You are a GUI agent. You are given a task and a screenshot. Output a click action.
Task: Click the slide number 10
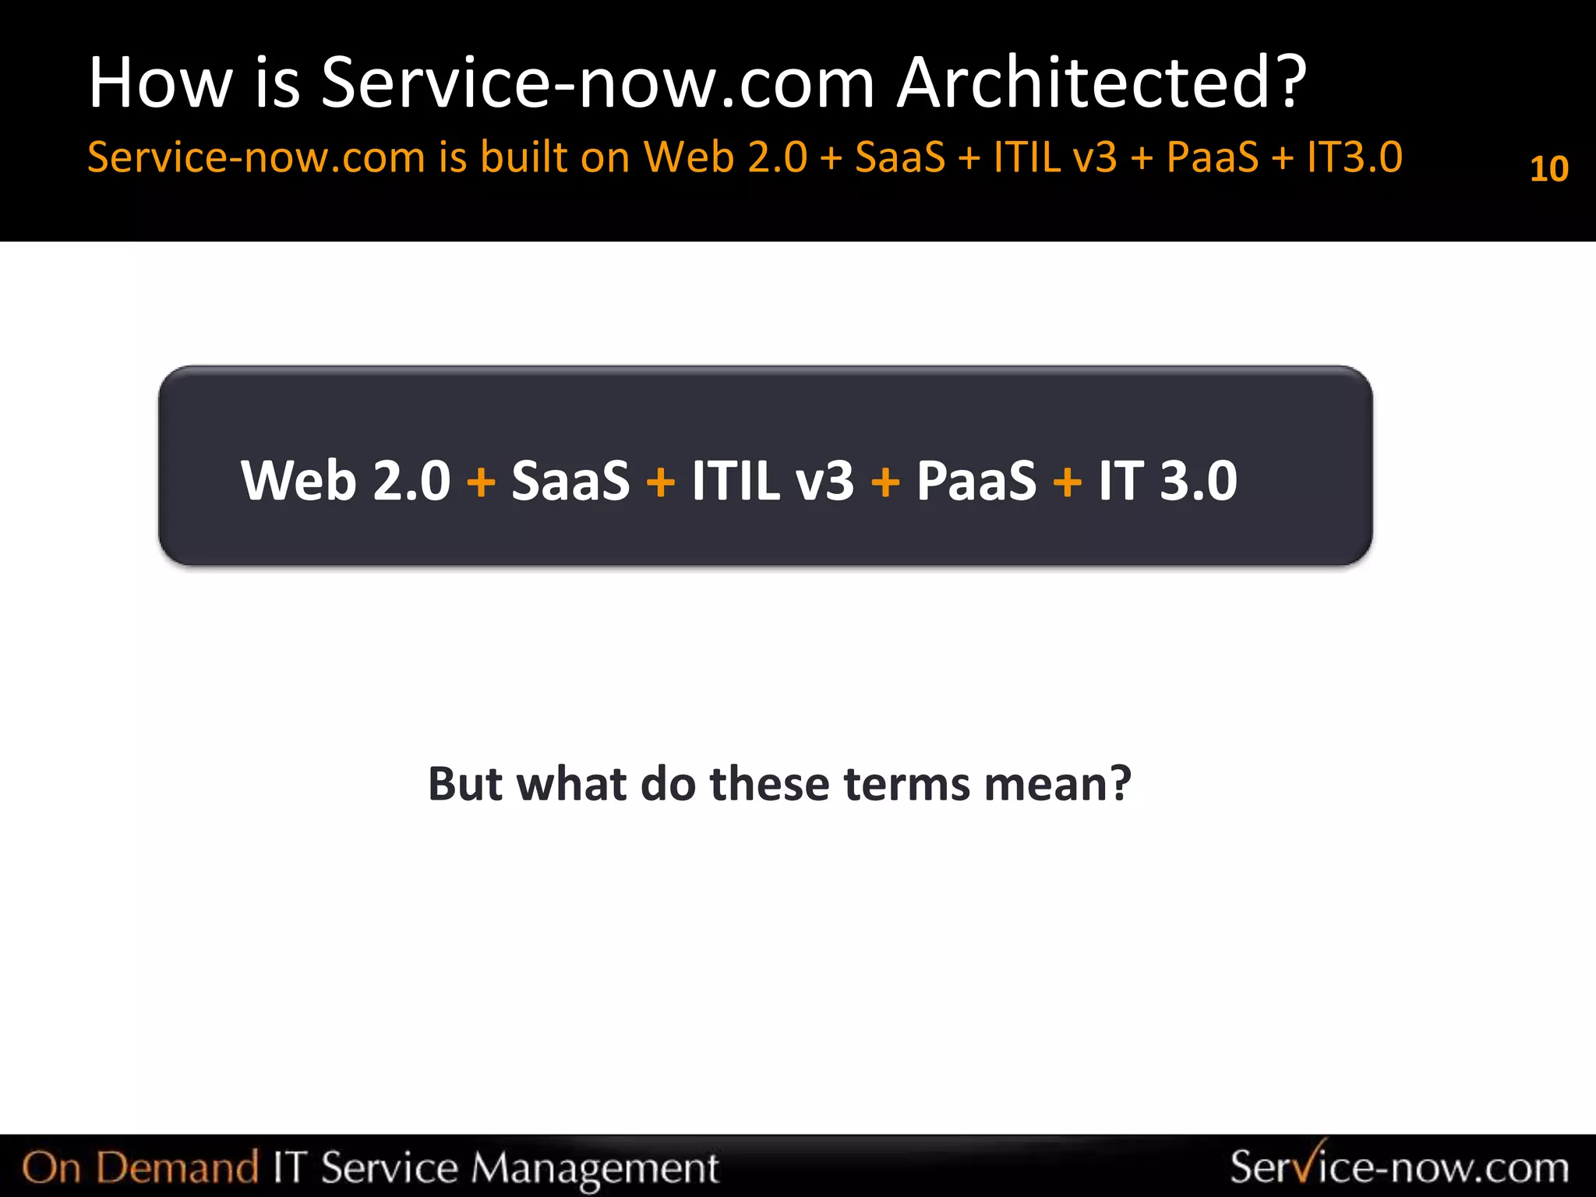[x=1548, y=169]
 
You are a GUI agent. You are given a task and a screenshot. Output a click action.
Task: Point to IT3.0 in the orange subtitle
[x=1354, y=157]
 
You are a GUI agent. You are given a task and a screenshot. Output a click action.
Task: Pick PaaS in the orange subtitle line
[x=1212, y=157]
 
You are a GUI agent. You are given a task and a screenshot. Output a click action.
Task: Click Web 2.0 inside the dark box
[x=345, y=480]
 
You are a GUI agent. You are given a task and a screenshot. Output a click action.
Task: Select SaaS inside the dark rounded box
[x=570, y=480]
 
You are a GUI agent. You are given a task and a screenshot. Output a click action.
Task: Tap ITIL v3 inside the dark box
[x=772, y=480]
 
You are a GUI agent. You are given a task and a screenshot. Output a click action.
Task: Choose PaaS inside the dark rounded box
[x=976, y=480]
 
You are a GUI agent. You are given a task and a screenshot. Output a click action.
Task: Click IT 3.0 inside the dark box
[x=1167, y=480]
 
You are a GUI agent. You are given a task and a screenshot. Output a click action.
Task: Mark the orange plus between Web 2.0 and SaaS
[x=481, y=482]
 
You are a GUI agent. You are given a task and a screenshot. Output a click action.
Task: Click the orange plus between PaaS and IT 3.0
[x=1067, y=482]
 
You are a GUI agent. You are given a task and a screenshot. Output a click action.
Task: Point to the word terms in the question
[x=906, y=783]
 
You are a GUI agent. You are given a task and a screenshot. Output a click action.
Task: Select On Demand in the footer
[x=140, y=1167]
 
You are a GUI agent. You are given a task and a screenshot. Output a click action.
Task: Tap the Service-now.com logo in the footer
[x=1399, y=1166]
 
